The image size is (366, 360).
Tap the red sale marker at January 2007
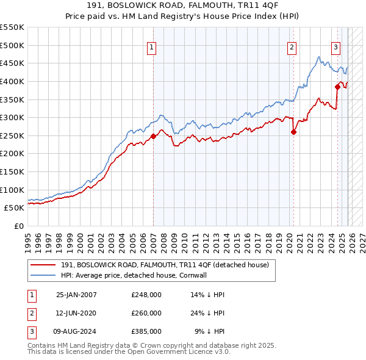[153, 136]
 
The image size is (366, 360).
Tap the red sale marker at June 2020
[293, 132]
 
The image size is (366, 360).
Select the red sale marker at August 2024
[337, 87]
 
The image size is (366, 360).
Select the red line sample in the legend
[43, 265]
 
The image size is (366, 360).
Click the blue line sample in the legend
[43, 275]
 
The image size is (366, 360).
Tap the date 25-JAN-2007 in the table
[76, 295]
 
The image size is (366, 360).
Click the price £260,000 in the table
[146, 313]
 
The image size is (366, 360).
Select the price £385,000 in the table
[146, 331]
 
